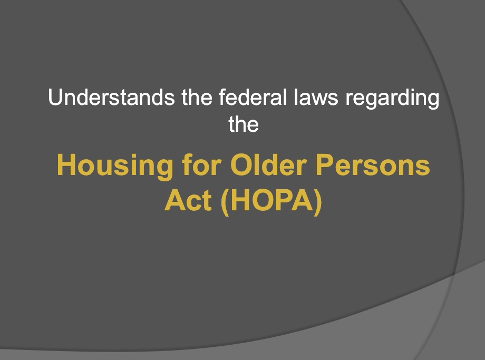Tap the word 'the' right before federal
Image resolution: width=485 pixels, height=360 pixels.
[197, 97]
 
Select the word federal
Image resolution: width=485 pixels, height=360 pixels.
[253, 97]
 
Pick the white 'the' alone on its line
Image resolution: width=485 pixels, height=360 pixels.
[244, 124]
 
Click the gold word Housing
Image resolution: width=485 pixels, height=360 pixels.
[115, 167]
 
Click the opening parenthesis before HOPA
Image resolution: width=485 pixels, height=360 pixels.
[225, 202]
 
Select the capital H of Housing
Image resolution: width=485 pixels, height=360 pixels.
[66, 165]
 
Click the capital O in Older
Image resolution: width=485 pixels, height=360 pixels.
[241, 165]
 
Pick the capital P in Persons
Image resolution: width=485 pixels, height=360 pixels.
[325, 165]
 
